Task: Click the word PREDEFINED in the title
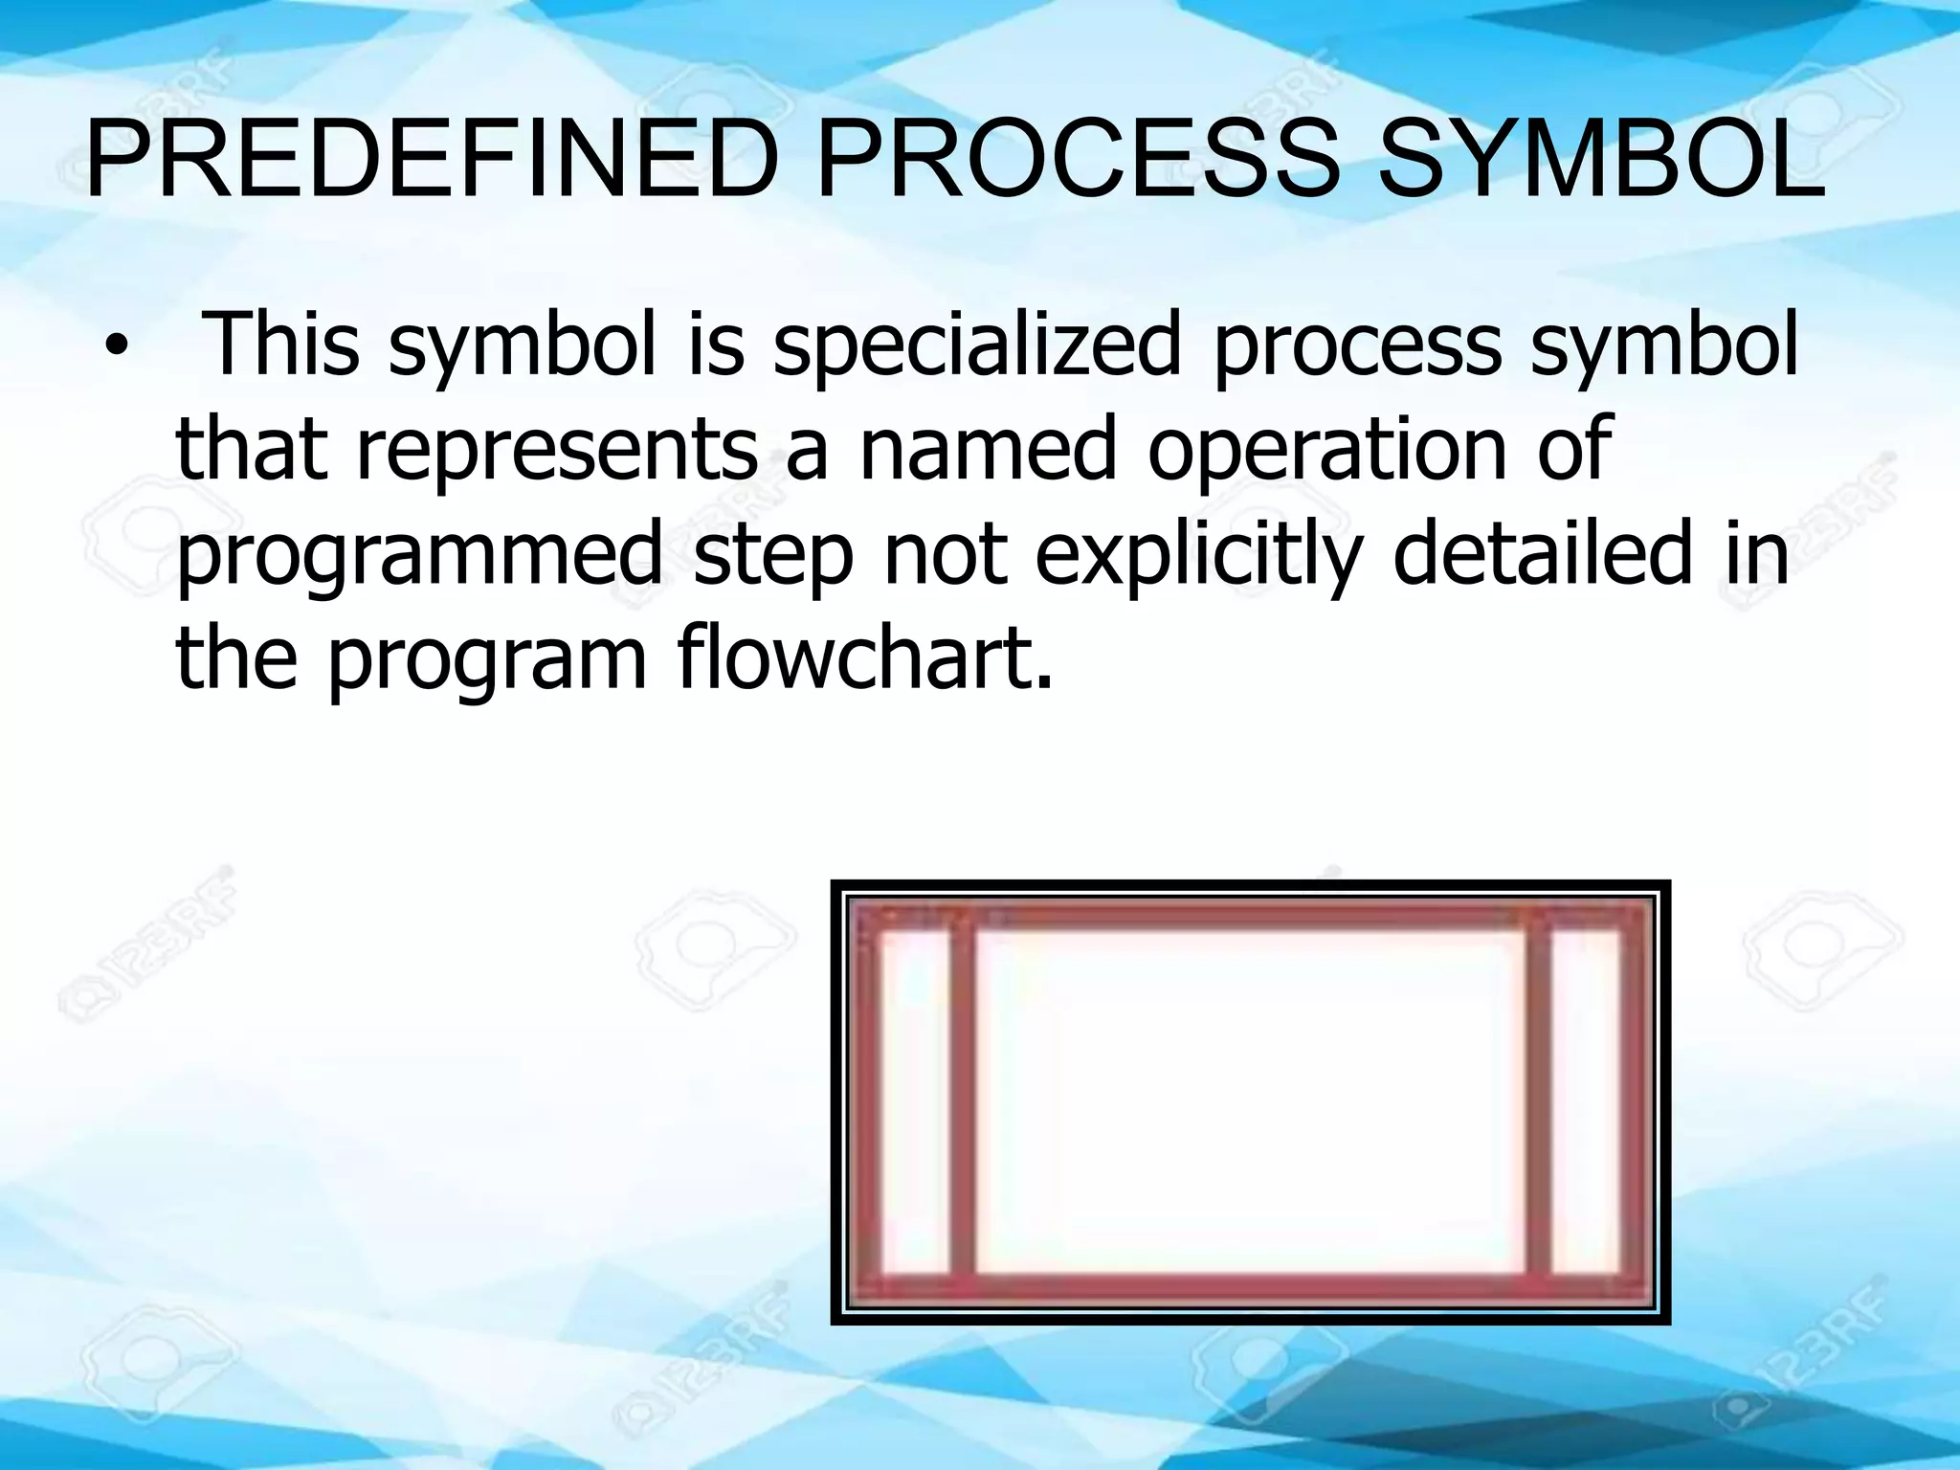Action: (430, 163)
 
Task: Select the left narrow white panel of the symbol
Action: (914, 1102)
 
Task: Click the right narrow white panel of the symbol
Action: (1585, 1102)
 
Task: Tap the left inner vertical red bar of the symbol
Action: (962, 1102)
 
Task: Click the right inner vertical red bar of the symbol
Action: (1537, 1102)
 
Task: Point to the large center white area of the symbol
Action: (1249, 1102)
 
